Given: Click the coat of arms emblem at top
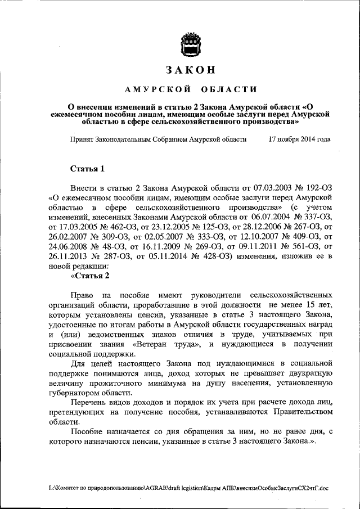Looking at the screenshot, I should coord(190,44).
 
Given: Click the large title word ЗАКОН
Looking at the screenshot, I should coord(190,70).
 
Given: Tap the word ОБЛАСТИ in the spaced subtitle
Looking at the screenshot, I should coord(226,89).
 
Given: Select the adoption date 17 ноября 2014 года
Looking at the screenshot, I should coord(299,138).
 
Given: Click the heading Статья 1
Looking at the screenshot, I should coord(87,168).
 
